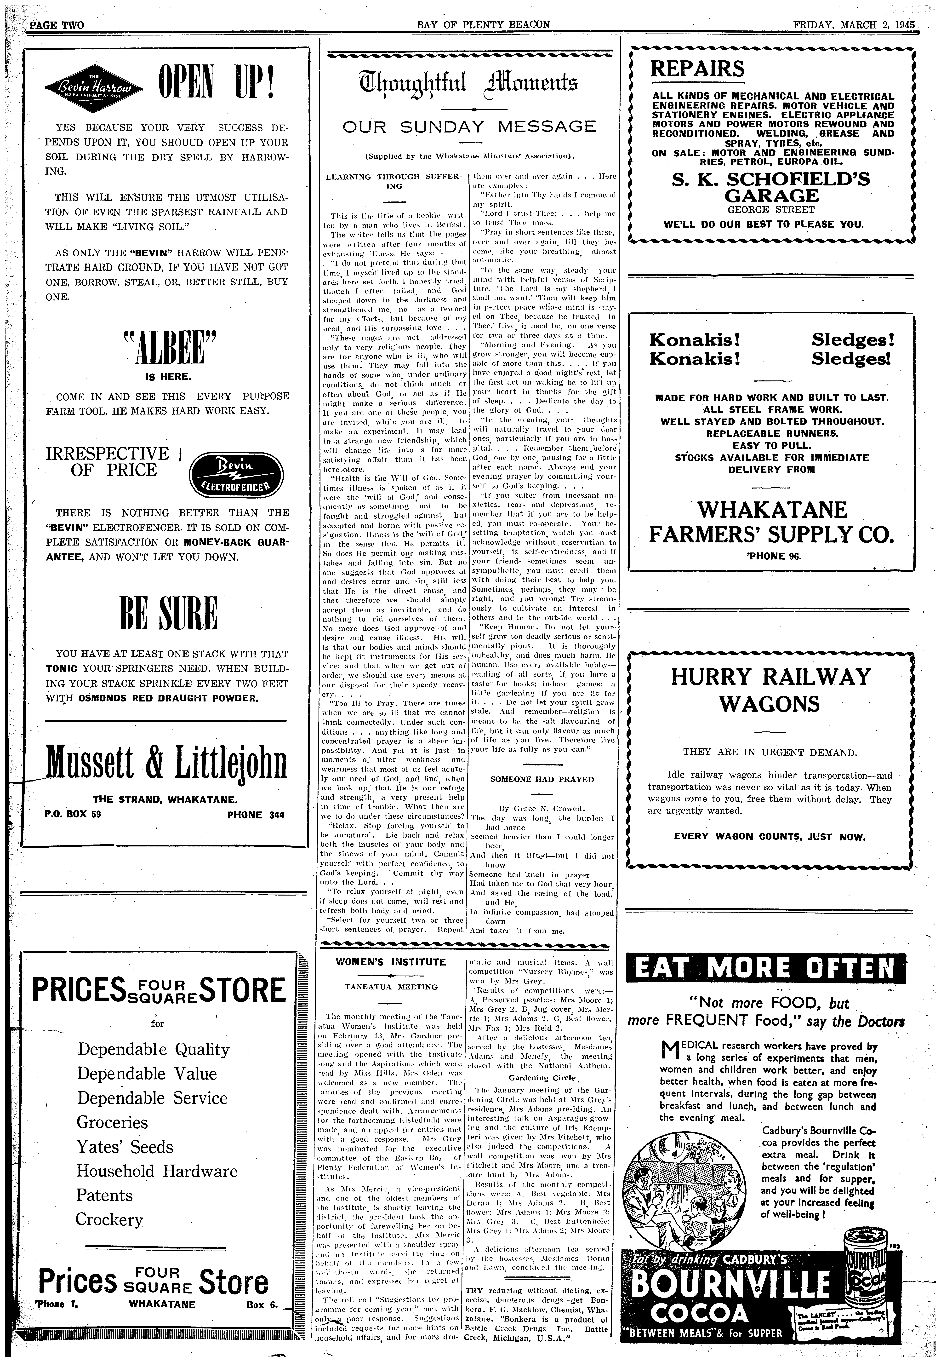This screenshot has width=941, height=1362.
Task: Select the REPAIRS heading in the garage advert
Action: point(697,69)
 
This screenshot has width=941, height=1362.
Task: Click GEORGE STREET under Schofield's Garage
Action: point(772,210)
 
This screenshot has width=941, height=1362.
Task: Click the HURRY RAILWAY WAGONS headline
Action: point(771,690)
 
